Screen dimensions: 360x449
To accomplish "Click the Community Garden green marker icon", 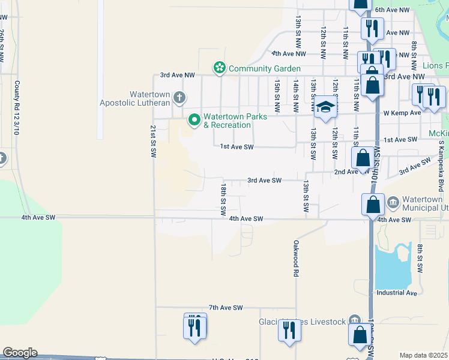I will [x=220, y=68].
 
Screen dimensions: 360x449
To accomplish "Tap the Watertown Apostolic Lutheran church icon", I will [x=179, y=97].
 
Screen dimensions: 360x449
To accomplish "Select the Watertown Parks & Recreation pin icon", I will [x=194, y=121].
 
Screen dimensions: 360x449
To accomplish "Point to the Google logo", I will [x=20, y=353].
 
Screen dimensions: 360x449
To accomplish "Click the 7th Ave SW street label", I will [x=226, y=307].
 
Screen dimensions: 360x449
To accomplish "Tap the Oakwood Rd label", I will [x=296, y=258].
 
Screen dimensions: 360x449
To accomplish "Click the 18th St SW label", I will [x=222, y=200].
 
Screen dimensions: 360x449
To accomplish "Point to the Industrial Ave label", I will [x=396, y=293].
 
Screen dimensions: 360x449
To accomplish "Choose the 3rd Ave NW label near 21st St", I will [x=178, y=76].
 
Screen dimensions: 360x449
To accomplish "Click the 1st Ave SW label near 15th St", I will [x=237, y=146].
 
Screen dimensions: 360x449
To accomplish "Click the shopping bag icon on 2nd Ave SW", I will [x=363, y=158].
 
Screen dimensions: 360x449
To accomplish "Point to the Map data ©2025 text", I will [x=423, y=355].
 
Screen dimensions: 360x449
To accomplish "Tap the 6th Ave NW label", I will [x=392, y=10].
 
